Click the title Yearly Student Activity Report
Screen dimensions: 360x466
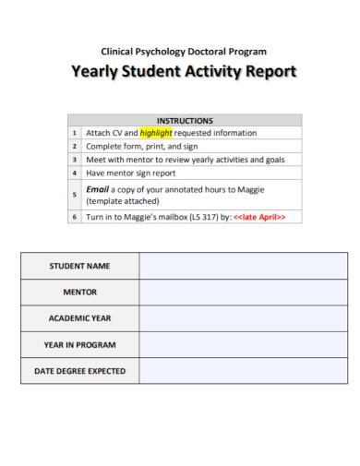coord(185,73)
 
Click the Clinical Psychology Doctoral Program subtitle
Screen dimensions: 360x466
coord(184,51)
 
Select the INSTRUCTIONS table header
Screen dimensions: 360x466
coord(185,120)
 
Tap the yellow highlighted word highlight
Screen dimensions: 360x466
coord(156,133)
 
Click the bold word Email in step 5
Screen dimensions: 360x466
coord(98,188)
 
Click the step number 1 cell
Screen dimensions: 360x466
coord(75,133)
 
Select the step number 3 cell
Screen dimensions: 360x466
coord(75,160)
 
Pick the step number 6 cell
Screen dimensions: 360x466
coord(75,217)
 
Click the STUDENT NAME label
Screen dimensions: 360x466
coord(79,266)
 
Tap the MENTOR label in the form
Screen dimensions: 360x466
coord(79,292)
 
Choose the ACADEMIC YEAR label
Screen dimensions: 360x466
coord(79,318)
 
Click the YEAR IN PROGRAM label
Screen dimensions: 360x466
coord(79,344)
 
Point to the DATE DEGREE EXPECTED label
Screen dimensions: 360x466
coord(79,371)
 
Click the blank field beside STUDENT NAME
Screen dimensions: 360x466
coord(244,266)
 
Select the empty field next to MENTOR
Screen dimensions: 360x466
coord(244,292)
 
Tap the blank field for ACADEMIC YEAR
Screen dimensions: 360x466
coord(244,318)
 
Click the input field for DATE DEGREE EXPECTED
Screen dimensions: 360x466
coord(244,371)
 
